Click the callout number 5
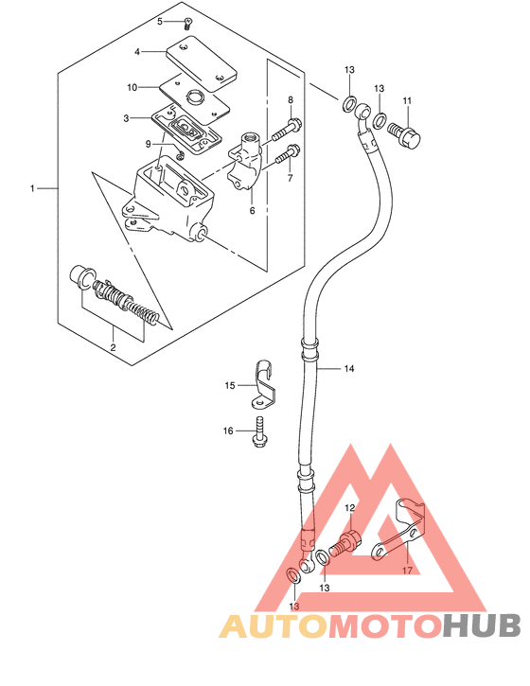pos(160,21)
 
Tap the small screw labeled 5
pos(187,24)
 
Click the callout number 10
pos(132,87)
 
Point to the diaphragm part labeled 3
pos(186,130)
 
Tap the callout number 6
pos(252,210)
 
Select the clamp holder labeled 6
pos(246,162)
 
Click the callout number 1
pos(32,188)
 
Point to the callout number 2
pos(113,348)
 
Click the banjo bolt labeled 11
pos(404,133)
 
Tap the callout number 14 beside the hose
pos(349,369)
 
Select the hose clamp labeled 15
pos(263,384)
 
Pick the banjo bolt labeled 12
pos(347,542)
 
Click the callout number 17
pos(407,571)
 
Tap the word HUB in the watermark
pos(481,625)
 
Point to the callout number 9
pos(149,144)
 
